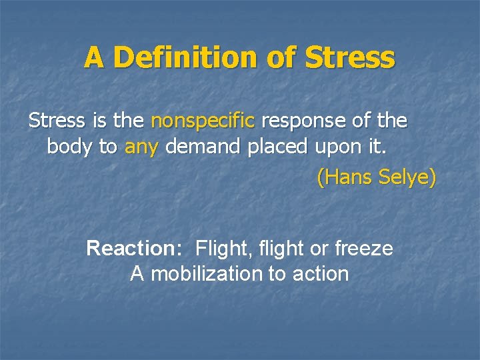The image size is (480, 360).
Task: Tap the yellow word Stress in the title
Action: (x=350, y=58)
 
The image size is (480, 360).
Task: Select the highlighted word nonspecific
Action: (x=203, y=121)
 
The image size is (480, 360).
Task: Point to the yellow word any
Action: (x=141, y=147)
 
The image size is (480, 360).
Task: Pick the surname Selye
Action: (x=407, y=178)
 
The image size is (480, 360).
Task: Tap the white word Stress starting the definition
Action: (x=57, y=121)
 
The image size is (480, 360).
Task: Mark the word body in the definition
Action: (x=70, y=147)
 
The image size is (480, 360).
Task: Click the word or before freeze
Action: (x=320, y=249)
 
